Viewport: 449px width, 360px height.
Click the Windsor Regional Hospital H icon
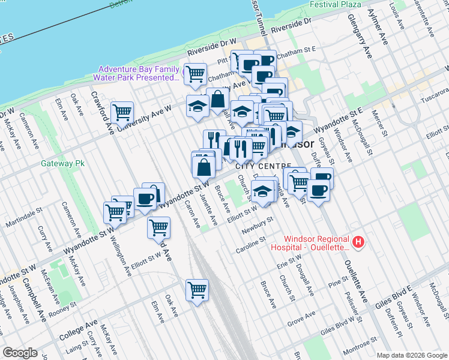pyautogui.click(x=358, y=242)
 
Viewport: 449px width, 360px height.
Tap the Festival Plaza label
pyautogui.click(x=336, y=4)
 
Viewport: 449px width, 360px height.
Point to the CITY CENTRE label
pyautogui.click(x=260, y=166)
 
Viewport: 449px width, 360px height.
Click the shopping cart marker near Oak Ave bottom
pyautogui.click(x=197, y=290)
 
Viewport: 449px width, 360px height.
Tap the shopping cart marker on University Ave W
pyautogui.click(x=122, y=112)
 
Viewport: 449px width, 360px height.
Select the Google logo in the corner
pyautogui.click(x=20, y=353)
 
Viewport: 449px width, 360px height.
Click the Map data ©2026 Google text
pyautogui.click(x=411, y=355)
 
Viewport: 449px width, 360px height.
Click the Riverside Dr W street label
pyautogui.click(x=212, y=49)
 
